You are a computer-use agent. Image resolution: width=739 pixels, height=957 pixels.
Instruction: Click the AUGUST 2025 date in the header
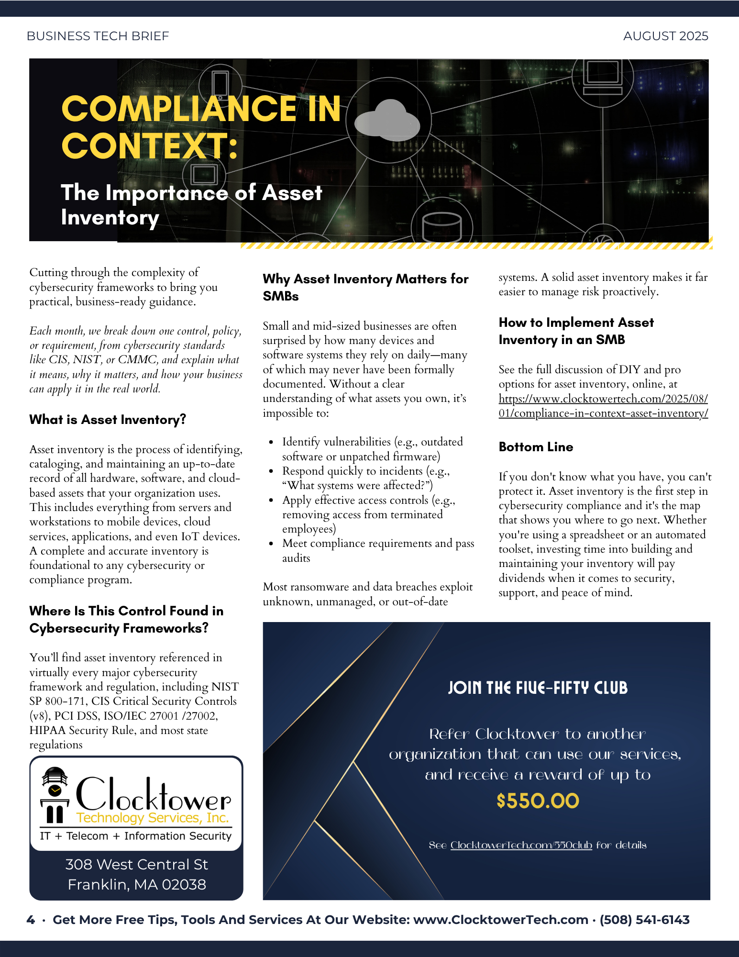pos(665,36)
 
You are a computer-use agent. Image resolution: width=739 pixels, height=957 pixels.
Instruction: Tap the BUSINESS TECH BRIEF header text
pos(98,36)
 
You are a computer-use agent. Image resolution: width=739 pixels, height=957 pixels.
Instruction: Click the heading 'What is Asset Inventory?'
pos(108,420)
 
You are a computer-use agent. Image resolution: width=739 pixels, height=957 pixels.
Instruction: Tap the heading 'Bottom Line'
pos(536,447)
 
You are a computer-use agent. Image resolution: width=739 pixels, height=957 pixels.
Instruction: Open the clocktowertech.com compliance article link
pos(603,406)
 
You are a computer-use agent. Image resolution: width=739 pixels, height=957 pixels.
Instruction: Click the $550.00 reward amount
pos(538,801)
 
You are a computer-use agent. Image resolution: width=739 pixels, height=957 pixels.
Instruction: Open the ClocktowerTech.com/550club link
pos(521,845)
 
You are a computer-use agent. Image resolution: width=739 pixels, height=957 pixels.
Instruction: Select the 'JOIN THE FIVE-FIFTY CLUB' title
pos(538,688)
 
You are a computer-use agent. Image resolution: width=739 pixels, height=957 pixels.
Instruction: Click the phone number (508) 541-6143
pos(644,920)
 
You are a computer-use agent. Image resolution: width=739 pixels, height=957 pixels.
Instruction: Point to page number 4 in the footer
pos(31,920)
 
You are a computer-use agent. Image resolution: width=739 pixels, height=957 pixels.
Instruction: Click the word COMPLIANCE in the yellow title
pos(179,109)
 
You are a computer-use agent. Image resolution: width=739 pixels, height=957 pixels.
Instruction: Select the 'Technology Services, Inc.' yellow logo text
pos(153,818)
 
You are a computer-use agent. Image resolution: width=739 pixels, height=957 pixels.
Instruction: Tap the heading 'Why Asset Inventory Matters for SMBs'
pos(365,287)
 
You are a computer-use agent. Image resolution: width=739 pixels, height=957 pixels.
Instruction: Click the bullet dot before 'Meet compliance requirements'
pos(271,544)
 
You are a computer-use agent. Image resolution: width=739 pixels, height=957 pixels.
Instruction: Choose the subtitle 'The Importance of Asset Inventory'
pos(191,205)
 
